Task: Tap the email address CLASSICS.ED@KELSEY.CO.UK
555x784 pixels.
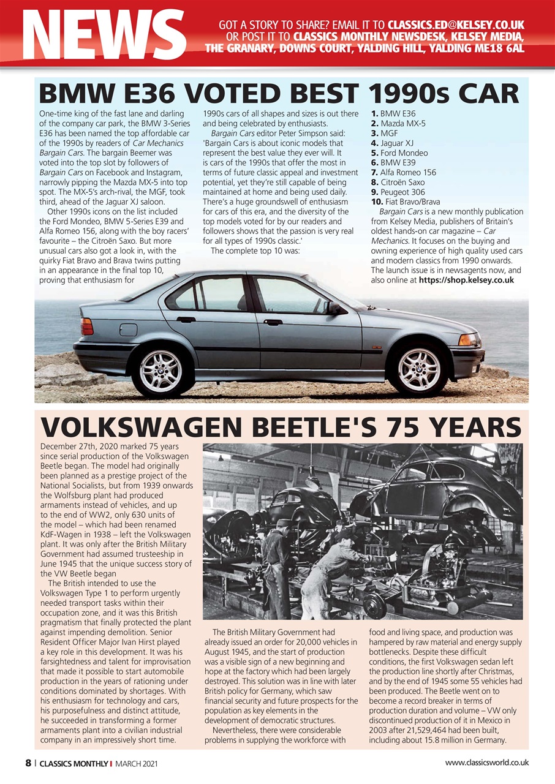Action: tap(455, 26)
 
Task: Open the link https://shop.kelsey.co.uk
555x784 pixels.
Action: tap(466, 280)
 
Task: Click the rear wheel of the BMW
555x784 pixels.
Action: tap(160, 370)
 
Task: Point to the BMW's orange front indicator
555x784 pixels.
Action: tap(469, 339)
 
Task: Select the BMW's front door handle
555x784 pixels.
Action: tap(273, 322)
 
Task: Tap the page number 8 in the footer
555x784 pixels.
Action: tap(28, 763)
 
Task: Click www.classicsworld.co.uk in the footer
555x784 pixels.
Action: tap(486, 763)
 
